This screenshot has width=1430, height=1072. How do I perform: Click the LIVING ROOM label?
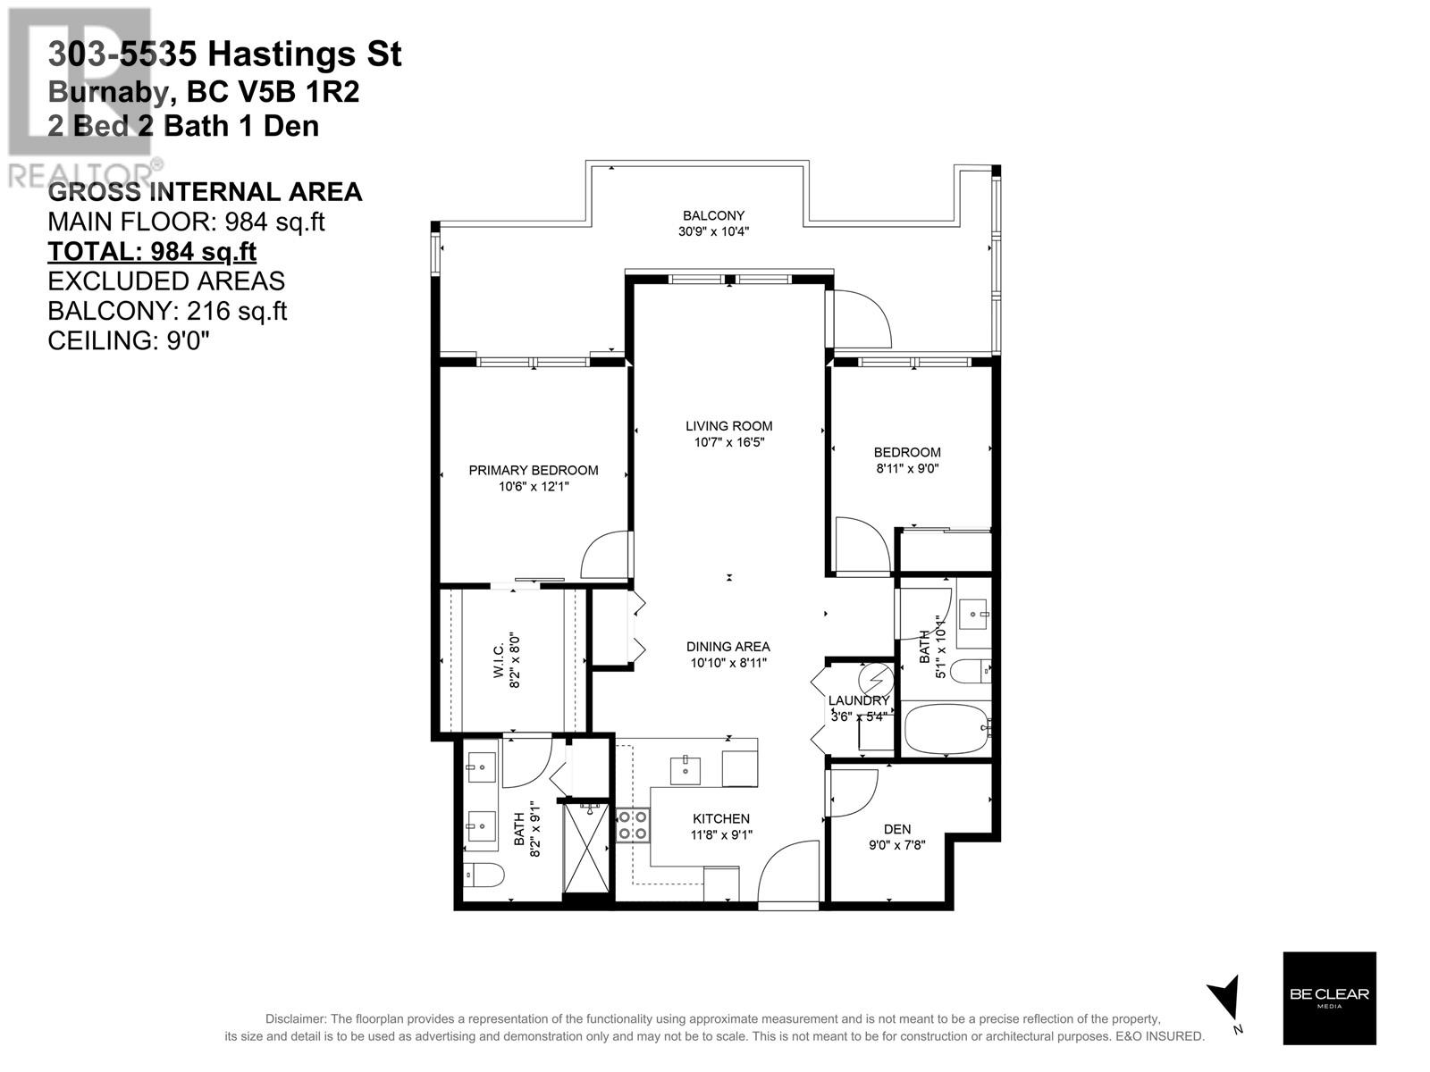pyautogui.click(x=728, y=426)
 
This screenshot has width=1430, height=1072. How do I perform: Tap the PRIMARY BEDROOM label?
pyautogui.click(x=533, y=471)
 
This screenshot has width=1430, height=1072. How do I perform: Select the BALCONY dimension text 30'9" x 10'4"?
pyautogui.click(x=713, y=231)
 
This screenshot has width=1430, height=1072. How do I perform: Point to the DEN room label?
pyautogui.click(x=897, y=829)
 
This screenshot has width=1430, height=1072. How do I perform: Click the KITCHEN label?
pyautogui.click(x=720, y=819)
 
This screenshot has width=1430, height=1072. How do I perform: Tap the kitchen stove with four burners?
pyautogui.click(x=633, y=825)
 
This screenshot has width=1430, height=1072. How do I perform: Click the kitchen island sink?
pyautogui.click(x=686, y=771)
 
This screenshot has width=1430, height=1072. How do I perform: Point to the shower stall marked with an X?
pyautogui.click(x=586, y=849)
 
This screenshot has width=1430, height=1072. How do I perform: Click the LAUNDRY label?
pyautogui.click(x=859, y=701)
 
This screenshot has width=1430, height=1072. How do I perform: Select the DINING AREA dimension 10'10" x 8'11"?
pyautogui.click(x=728, y=663)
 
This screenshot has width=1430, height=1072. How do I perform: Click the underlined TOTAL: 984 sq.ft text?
pyautogui.click(x=152, y=252)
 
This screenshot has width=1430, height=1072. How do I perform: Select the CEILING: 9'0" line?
pyautogui.click(x=129, y=340)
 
